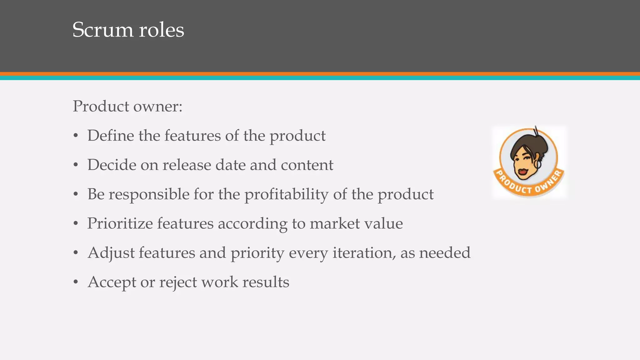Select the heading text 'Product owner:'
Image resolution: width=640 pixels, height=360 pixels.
tap(127, 106)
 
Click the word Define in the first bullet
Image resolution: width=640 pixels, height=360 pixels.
tap(110, 136)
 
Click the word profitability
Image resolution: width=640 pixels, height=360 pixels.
tap(286, 195)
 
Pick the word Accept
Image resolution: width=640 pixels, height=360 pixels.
tap(112, 282)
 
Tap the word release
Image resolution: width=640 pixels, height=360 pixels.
tap(187, 165)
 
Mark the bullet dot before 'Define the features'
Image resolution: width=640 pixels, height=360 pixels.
tap(75, 136)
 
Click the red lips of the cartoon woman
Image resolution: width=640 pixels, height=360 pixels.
tap(521, 172)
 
